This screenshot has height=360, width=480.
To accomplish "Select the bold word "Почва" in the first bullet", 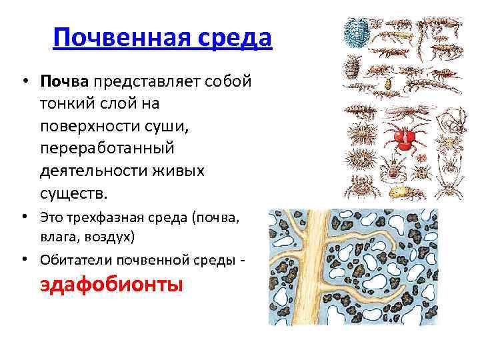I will click(64, 81).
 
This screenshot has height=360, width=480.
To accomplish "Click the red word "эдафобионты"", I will click(111, 285).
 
